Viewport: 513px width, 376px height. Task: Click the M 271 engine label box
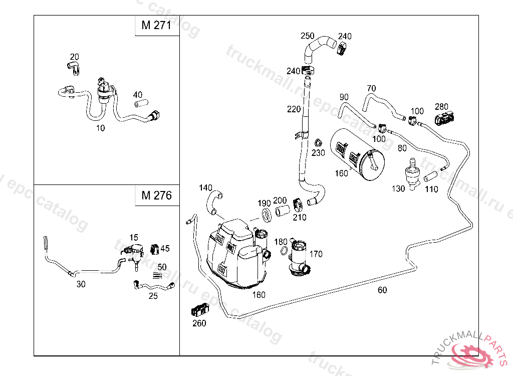coord(157,26)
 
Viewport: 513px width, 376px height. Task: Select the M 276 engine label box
coord(157,195)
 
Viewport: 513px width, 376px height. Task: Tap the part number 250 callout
coord(308,36)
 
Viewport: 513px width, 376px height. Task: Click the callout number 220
coord(294,109)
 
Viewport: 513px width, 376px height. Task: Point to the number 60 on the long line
coord(382,290)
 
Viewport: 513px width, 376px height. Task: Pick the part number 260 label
coord(199,323)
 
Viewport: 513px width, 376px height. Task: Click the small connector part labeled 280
coord(445,119)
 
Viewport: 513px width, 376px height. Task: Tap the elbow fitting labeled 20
coord(73,68)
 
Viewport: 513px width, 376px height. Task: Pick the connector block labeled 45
coord(155,248)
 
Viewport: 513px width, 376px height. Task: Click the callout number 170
coord(316,254)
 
